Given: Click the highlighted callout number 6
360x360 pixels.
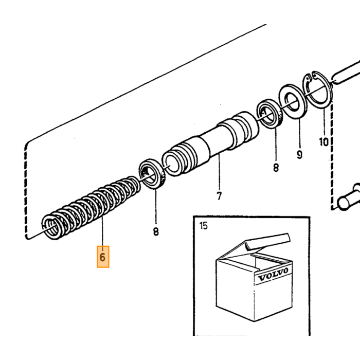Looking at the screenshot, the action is (103, 257).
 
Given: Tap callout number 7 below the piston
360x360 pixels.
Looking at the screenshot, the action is (219, 196).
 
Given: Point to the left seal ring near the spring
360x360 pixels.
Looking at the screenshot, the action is (152, 174).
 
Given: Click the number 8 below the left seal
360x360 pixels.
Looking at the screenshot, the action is (156, 231).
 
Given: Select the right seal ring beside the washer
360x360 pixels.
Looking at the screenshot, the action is (270, 114).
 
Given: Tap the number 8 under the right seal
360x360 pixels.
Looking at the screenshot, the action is (276, 168).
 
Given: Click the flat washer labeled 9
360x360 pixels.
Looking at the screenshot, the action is (293, 101).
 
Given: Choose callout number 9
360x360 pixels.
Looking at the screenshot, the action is (299, 155).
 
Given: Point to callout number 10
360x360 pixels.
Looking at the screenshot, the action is (324, 142).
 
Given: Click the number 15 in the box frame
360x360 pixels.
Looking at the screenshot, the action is (204, 226).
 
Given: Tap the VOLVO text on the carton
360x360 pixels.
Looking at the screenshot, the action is (273, 274).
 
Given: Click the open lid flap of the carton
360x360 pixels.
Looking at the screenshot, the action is (267, 242).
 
